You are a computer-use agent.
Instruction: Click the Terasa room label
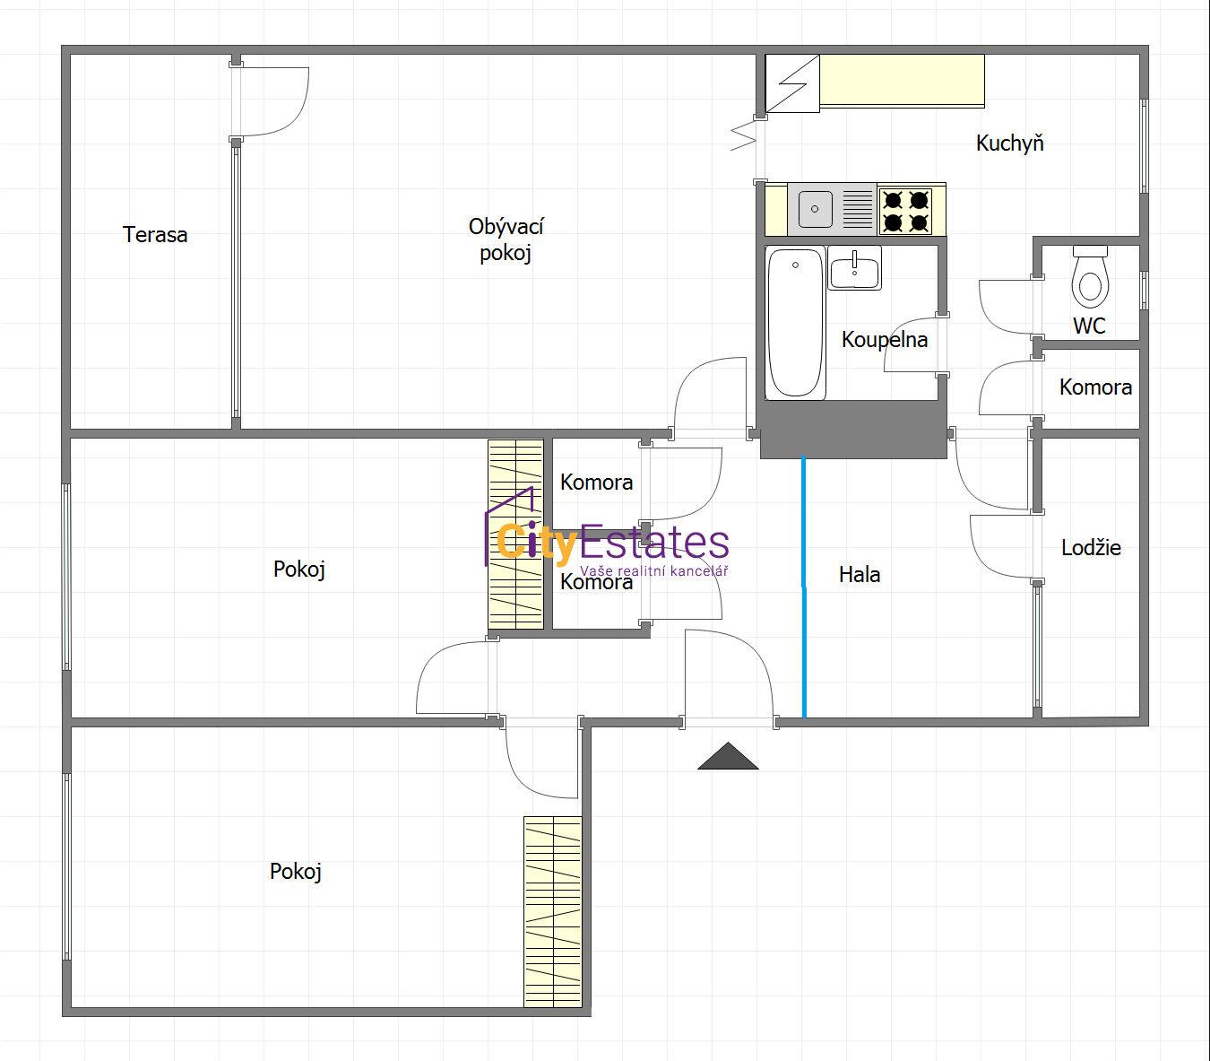[155, 234]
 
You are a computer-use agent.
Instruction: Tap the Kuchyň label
[1010, 143]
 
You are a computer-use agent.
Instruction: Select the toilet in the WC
[1090, 277]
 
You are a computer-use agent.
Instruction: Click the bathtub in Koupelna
[795, 323]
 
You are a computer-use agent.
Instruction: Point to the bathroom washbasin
[855, 268]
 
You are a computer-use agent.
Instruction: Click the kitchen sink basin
[816, 209]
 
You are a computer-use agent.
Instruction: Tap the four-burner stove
[905, 211]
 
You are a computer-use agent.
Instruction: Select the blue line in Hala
[804, 587]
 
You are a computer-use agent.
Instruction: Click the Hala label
[860, 574]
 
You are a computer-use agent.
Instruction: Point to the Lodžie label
[1091, 547]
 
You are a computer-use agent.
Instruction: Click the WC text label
[1089, 326]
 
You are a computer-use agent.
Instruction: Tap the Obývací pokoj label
[506, 239]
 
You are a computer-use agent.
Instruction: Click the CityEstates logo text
[612, 542]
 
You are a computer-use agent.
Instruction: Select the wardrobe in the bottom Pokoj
[553, 911]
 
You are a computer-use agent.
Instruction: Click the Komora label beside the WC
[1096, 387]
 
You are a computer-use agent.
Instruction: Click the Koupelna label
[885, 340]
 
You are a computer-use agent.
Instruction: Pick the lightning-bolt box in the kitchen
[792, 83]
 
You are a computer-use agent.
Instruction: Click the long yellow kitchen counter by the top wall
[902, 82]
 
